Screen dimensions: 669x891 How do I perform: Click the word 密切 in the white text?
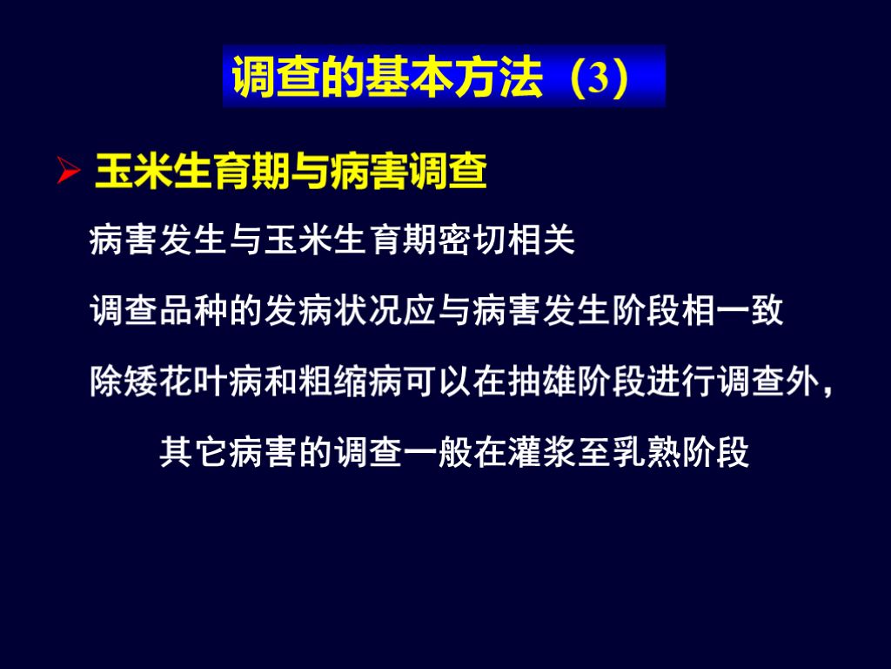(x=472, y=241)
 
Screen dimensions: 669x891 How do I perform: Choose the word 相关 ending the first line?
(x=541, y=241)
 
